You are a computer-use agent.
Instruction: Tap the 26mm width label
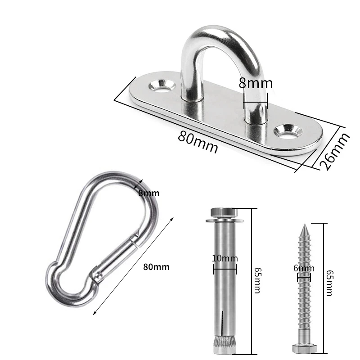pos(334,151)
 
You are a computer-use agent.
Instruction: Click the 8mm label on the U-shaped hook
pos(256,84)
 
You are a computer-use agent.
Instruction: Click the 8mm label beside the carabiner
pos(149,193)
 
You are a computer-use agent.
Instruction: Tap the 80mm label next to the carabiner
pos(156,267)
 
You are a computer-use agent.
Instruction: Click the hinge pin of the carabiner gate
pos(98,274)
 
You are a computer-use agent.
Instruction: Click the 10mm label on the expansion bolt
pos(225,258)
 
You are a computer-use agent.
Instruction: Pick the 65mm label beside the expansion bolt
pos(257,279)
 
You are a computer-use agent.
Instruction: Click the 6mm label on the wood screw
pos(304,268)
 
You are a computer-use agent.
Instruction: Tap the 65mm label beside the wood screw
pos(329,283)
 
